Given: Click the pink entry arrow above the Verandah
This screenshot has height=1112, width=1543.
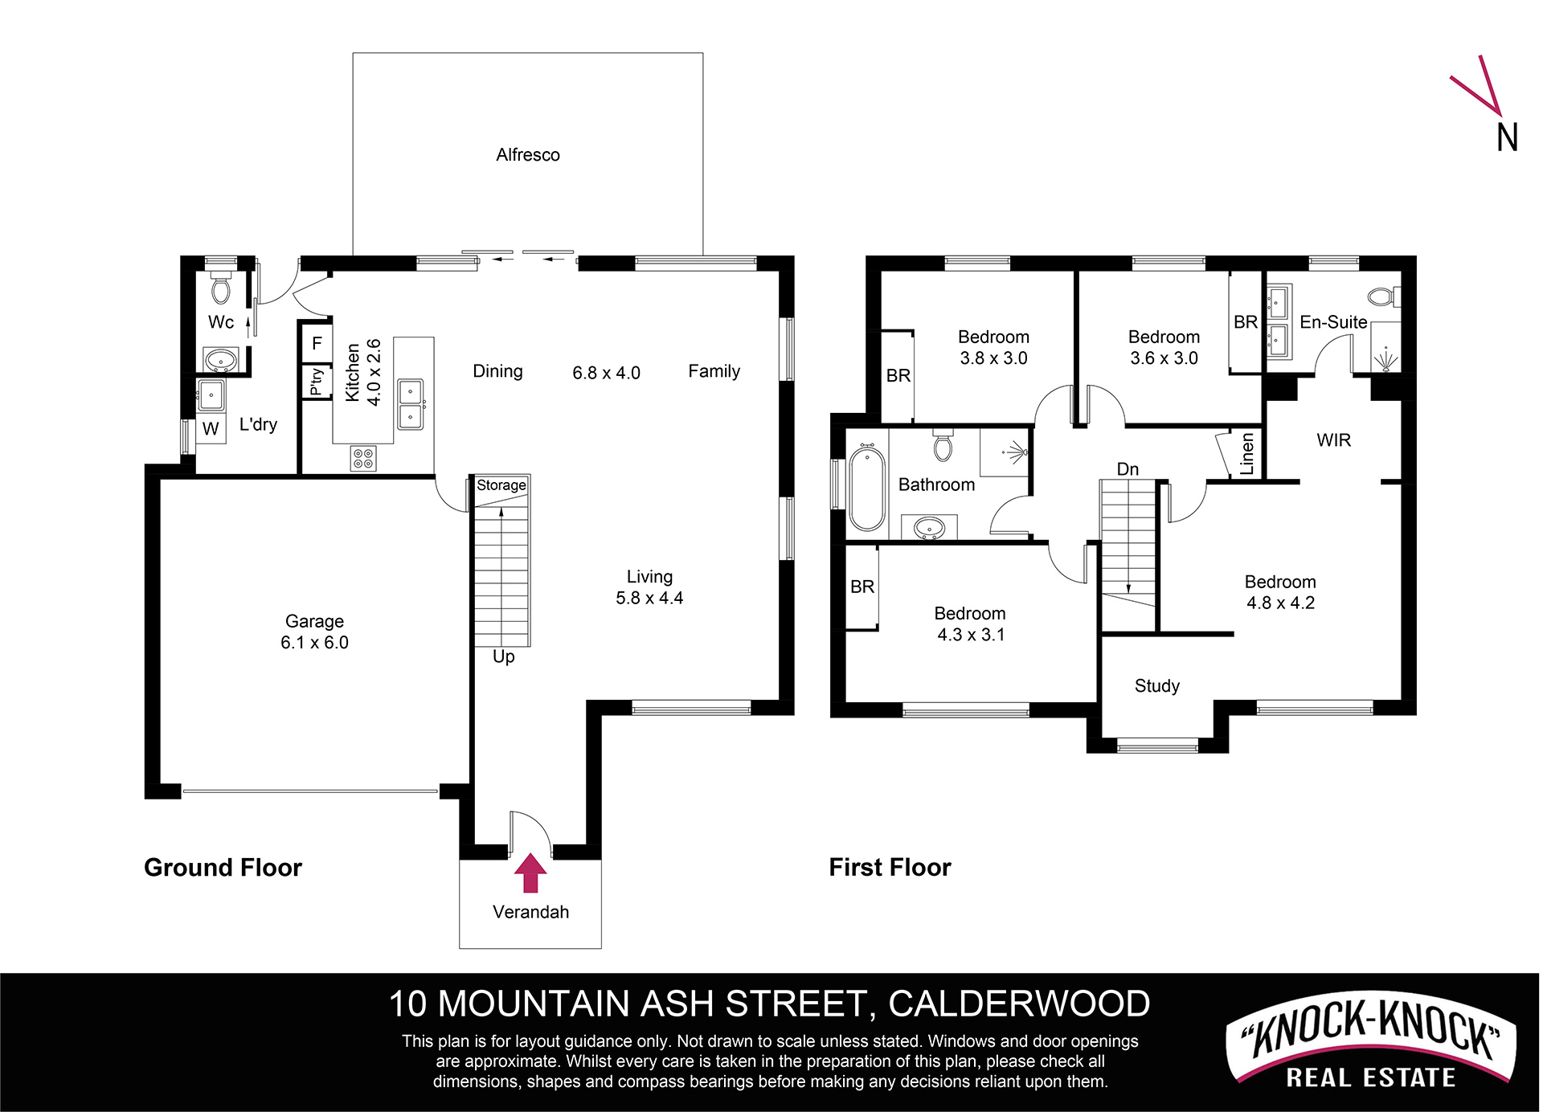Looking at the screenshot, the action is pyautogui.click(x=530, y=873).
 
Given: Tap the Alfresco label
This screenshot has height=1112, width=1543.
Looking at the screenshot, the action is pyautogui.click(x=528, y=154).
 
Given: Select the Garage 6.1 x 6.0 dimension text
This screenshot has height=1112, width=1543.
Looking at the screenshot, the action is pyautogui.click(x=314, y=643).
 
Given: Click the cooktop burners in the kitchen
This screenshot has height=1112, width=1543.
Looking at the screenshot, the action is pyautogui.click(x=363, y=459).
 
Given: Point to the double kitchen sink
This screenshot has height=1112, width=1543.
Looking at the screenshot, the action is pyautogui.click(x=411, y=404).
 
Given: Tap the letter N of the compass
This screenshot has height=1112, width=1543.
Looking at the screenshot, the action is pyautogui.click(x=1507, y=137).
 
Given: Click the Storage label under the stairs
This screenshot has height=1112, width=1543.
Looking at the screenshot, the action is pyautogui.click(x=501, y=485).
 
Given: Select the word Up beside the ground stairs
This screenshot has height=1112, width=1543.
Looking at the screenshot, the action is pyautogui.click(x=504, y=657).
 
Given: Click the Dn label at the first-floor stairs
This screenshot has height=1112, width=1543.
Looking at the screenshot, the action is pyautogui.click(x=1128, y=469).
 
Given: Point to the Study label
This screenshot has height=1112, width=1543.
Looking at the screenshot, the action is pyautogui.click(x=1157, y=686).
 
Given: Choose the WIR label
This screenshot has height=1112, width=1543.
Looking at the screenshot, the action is pyautogui.click(x=1334, y=440).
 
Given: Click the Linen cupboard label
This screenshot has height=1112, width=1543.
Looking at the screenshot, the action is pyautogui.click(x=1247, y=454).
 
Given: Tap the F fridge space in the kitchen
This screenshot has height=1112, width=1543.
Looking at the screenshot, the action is pyautogui.click(x=317, y=343).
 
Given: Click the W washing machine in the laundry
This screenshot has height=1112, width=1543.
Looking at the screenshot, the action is pyautogui.click(x=211, y=429).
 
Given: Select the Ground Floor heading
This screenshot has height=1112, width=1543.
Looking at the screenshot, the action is pyautogui.click(x=223, y=868).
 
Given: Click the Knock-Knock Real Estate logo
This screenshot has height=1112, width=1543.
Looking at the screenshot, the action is pyautogui.click(x=1370, y=1041).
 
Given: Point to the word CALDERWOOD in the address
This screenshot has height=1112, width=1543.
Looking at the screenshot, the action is pyautogui.click(x=1019, y=1004).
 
